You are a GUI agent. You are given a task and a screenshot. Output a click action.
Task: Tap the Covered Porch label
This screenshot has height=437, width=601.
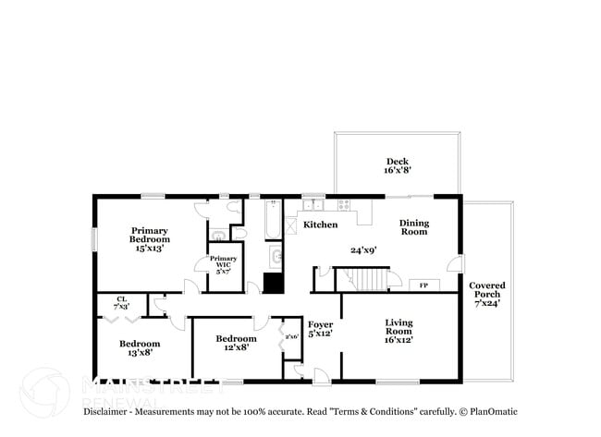(x=486, y=293)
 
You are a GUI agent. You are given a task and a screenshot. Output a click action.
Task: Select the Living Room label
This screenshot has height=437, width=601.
(x=399, y=327)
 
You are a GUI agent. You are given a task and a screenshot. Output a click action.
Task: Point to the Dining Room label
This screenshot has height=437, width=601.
(x=414, y=226)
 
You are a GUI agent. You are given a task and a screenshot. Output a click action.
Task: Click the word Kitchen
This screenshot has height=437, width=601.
(x=321, y=225)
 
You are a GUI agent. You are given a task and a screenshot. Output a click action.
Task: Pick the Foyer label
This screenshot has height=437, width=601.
(x=320, y=324)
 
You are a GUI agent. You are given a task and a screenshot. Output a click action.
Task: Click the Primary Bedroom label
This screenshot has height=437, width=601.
(x=150, y=236)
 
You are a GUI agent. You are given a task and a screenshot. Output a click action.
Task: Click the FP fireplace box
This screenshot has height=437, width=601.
(x=424, y=285)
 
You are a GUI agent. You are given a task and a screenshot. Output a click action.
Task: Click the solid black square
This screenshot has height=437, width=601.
(x=272, y=284)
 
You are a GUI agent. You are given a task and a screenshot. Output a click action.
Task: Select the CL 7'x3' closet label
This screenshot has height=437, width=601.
(x=121, y=302)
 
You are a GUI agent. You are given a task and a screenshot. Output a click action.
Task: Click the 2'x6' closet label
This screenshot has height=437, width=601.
(x=292, y=336)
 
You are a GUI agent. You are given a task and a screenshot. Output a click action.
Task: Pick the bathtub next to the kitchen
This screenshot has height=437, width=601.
(x=272, y=219)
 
